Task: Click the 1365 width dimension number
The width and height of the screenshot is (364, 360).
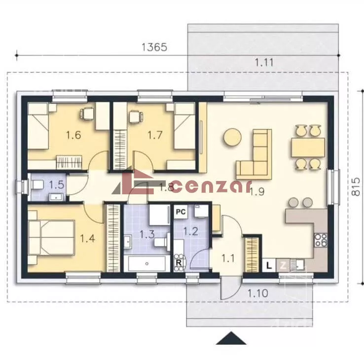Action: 154,47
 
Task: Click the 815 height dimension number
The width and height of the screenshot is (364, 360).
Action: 356,186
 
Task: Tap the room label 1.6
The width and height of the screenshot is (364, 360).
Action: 73,135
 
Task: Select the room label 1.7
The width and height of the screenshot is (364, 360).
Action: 155,135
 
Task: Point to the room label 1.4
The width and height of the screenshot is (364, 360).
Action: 87,238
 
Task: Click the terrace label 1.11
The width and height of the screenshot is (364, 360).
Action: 264,63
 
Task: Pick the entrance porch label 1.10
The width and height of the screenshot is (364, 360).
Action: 257,293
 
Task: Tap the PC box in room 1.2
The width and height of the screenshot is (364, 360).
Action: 181,212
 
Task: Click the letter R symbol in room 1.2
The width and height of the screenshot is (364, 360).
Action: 179,263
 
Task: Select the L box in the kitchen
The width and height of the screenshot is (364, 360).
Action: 269,265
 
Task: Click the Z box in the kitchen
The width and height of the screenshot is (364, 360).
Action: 283,265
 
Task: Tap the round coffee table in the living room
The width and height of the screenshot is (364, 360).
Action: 232,137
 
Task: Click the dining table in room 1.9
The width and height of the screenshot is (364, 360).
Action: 308,147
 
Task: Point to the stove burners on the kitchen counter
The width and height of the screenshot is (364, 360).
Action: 321,240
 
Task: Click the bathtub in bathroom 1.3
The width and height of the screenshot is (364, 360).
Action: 146,263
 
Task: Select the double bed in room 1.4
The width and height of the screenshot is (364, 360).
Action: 51,238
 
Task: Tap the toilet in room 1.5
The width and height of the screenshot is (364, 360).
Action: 37,185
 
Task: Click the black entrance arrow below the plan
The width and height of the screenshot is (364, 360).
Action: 231,338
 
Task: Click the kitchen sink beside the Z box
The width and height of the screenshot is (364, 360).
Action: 297,265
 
